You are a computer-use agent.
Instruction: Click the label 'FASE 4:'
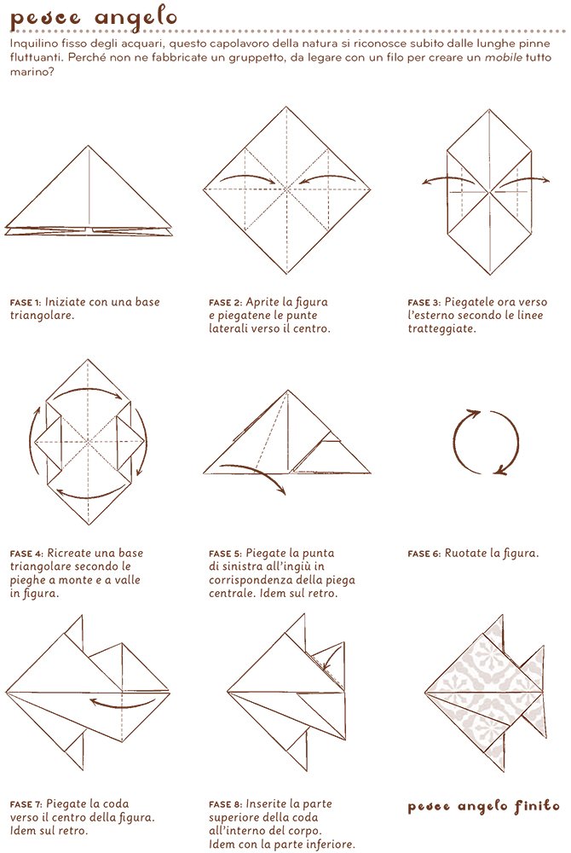pos(26,554)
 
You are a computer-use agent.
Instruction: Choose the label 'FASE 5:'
pos(225,554)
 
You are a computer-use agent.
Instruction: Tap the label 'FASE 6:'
pos(424,554)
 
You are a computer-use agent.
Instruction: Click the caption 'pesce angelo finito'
pos(483,806)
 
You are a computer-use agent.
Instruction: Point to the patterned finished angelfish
pos(477,682)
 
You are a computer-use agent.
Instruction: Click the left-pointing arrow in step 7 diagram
pos(124,703)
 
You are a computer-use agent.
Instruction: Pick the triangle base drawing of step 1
pos(89,194)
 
